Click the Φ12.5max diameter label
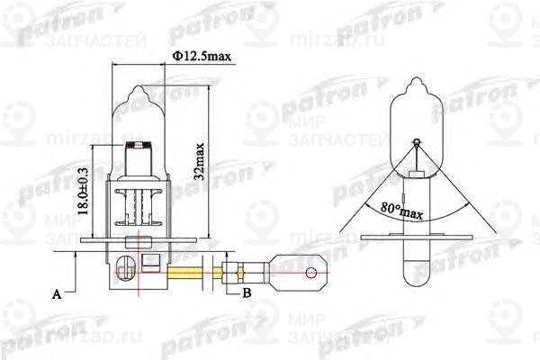coord(202,57)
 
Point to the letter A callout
coord(58,293)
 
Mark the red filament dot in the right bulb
coord(416,141)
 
